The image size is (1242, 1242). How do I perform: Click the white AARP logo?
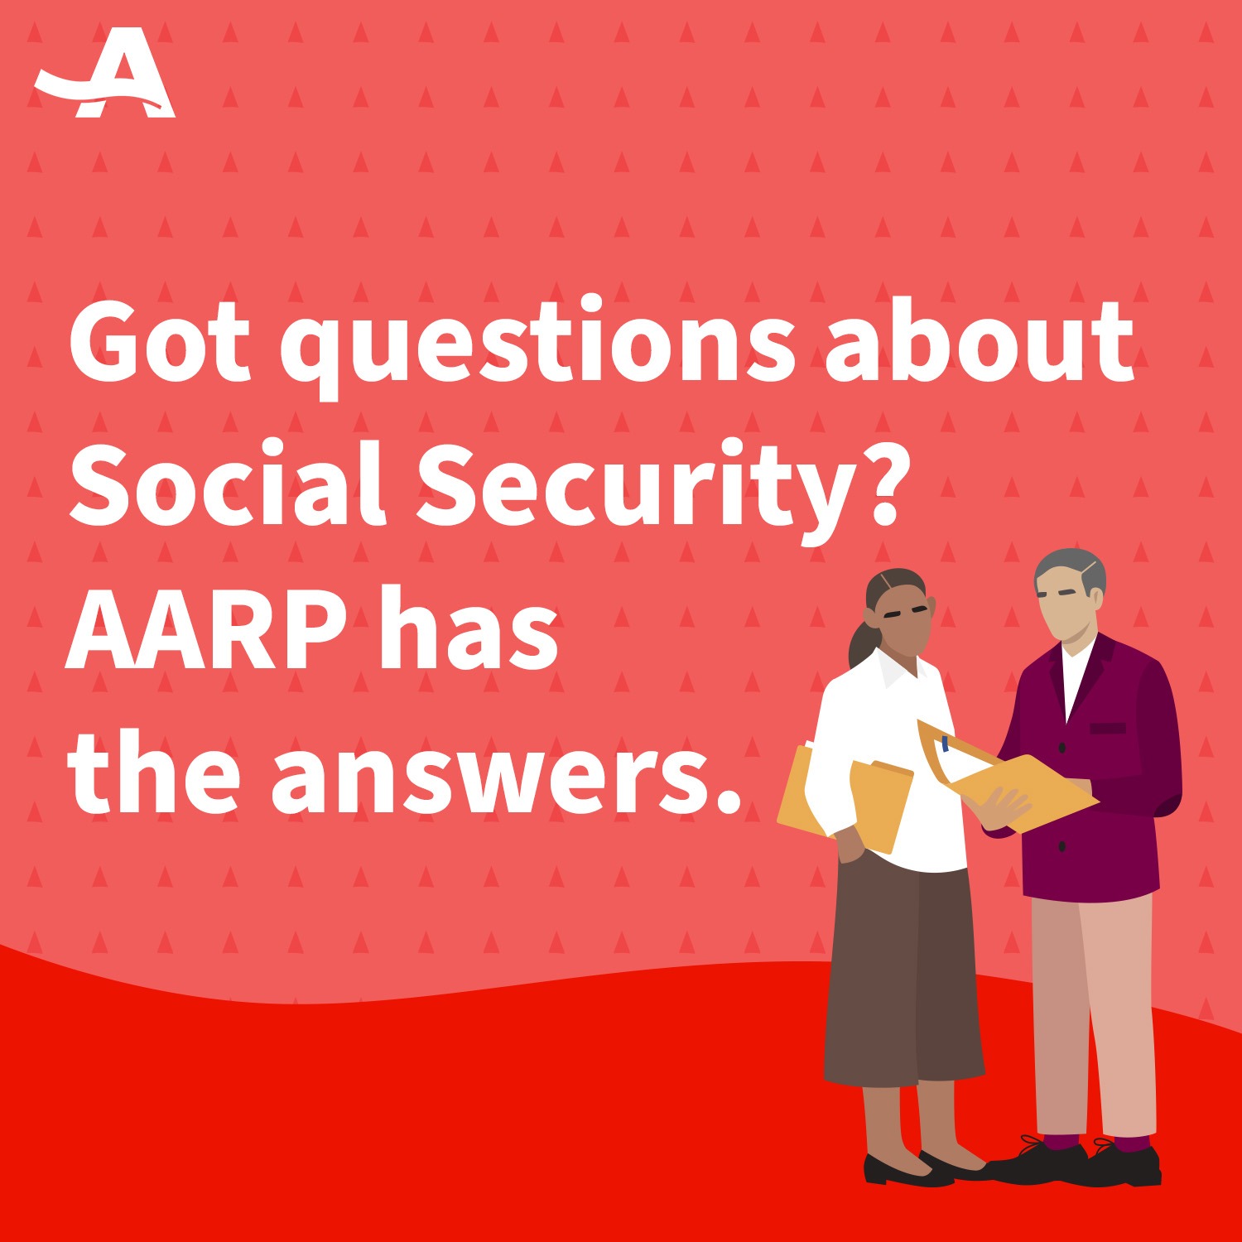tap(105, 76)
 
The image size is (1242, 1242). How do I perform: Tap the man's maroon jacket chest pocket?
tap(1108, 729)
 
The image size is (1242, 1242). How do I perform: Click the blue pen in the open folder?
tap(946, 743)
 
